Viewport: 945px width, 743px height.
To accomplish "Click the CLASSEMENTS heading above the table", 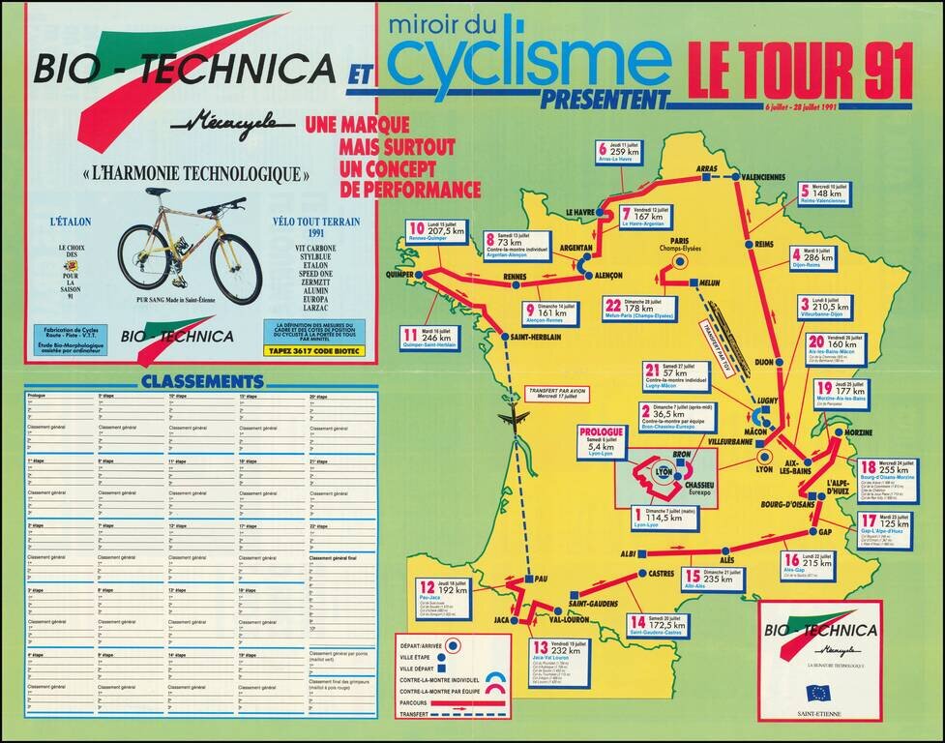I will pos(201,381).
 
